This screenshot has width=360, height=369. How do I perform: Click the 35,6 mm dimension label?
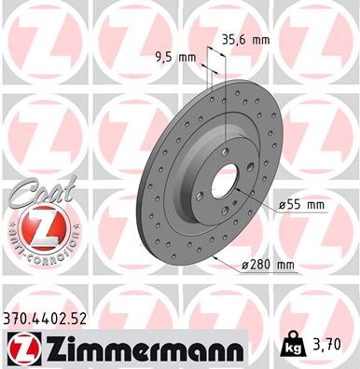pos(245,40)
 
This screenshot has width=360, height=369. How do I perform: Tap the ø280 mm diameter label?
pos(268,266)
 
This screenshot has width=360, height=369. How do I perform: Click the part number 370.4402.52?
pos(53,318)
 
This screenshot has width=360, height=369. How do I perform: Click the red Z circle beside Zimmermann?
pos(24,348)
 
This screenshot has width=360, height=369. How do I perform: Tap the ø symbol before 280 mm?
pos(244,266)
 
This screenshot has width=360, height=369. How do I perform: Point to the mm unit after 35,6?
pos(261,40)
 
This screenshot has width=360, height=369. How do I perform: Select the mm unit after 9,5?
pos(190,57)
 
